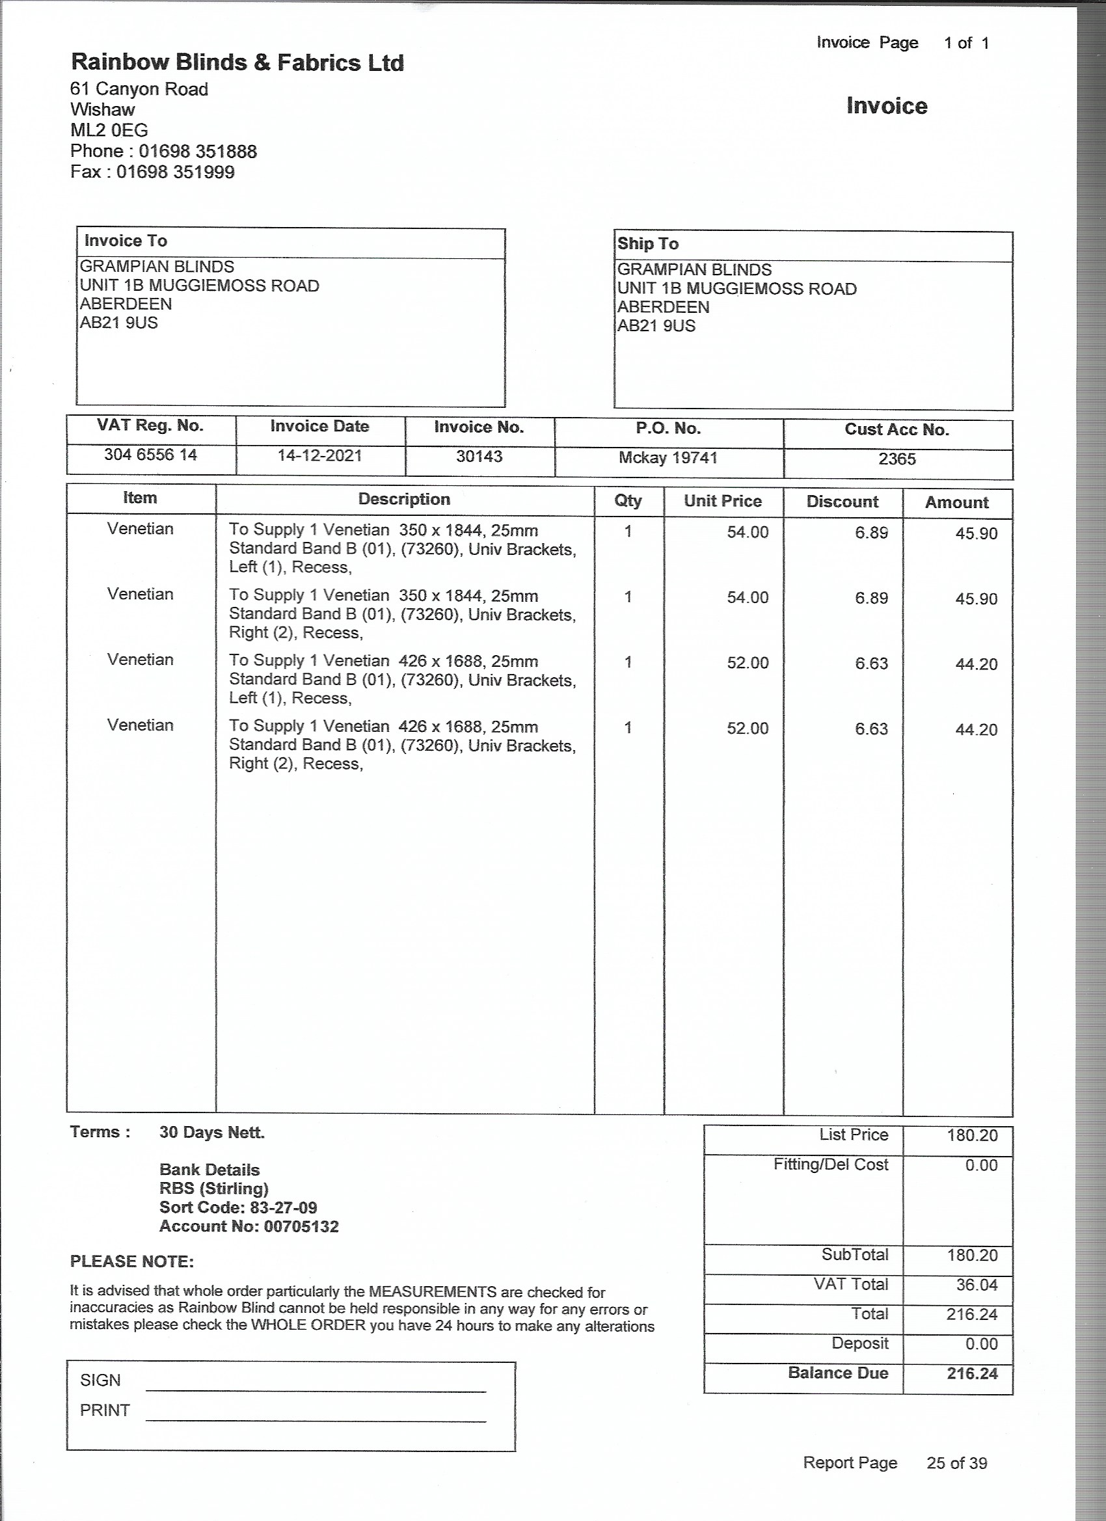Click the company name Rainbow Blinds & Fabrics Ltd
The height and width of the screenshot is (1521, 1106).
pyautogui.click(x=237, y=62)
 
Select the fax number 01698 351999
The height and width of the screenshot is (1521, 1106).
pyautogui.click(x=176, y=172)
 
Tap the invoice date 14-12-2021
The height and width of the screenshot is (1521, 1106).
pyautogui.click(x=319, y=456)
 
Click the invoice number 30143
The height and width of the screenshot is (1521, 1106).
pyautogui.click(x=479, y=457)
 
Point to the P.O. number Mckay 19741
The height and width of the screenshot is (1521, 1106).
pyautogui.click(x=668, y=458)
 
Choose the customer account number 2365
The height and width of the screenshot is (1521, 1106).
pyautogui.click(x=897, y=459)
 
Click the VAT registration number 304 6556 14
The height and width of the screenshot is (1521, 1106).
pyautogui.click(x=150, y=455)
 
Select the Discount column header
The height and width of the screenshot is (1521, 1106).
pyautogui.click(x=842, y=502)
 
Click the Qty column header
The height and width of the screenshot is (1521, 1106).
pyautogui.click(x=628, y=501)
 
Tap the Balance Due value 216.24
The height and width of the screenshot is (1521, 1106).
pyautogui.click(x=972, y=1373)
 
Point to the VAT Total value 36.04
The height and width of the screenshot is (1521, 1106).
pyautogui.click(x=977, y=1285)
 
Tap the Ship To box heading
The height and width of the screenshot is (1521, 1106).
pyautogui.click(x=648, y=244)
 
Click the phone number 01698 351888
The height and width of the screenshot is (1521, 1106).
pyautogui.click(x=198, y=152)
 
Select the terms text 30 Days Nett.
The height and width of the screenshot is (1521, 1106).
pyautogui.click(x=212, y=1133)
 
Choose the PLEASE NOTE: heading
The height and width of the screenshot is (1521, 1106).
pyautogui.click(x=132, y=1261)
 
